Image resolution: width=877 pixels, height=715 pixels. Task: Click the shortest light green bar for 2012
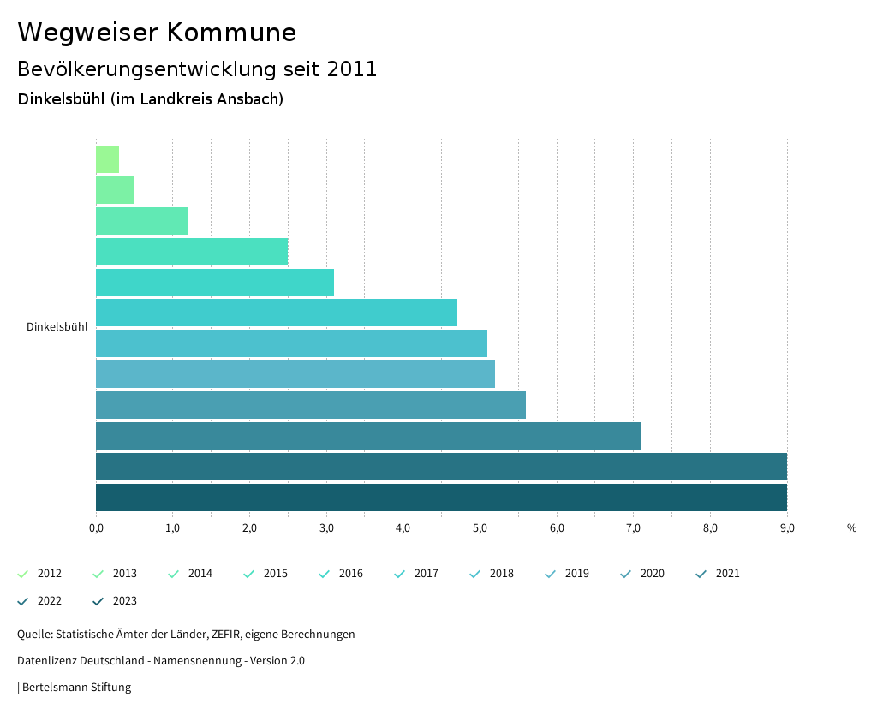pos(107,159)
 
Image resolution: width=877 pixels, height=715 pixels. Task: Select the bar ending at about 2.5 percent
pos(191,252)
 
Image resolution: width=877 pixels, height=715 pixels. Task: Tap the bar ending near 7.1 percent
pos(368,436)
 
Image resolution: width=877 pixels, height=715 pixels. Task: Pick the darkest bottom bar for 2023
pos(441,498)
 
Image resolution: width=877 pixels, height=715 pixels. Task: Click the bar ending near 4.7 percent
pos(276,313)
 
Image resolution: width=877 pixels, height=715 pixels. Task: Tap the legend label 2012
pos(50,574)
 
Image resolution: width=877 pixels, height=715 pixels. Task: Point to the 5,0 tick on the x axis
pos(480,527)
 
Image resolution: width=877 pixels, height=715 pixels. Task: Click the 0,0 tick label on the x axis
pos(96,527)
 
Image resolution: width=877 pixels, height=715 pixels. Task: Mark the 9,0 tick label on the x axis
pos(787,527)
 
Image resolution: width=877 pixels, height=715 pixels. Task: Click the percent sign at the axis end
pos(851,527)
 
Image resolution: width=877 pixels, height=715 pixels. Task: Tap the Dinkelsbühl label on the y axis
pos(57,327)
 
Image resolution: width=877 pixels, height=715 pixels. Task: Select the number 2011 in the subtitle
pos(352,69)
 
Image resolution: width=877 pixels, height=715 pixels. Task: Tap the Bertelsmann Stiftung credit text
pos(76,688)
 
